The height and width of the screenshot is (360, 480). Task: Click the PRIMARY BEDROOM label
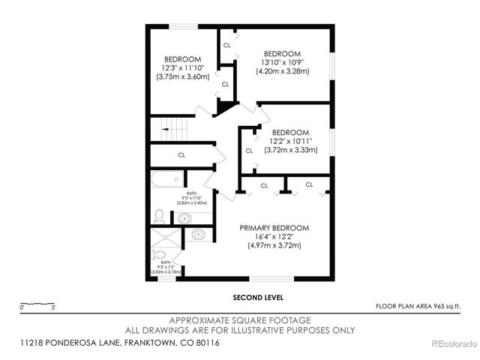pyautogui.click(x=274, y=227)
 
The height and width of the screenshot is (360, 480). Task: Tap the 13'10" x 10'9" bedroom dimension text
pyautogui.click(x=281, y=62)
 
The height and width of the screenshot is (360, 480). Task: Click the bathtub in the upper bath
pyautogui.click(x=166, y=180)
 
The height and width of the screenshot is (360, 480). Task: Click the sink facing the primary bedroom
pyautogui.click(x=199, y=235)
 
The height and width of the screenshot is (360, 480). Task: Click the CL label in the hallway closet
pyautogui.click(x=181, y=155)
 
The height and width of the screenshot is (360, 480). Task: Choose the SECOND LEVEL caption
pyautogui.click(x=253, y=296)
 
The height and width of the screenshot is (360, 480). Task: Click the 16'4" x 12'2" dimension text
pyautogui.click(x=274, y=236)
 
